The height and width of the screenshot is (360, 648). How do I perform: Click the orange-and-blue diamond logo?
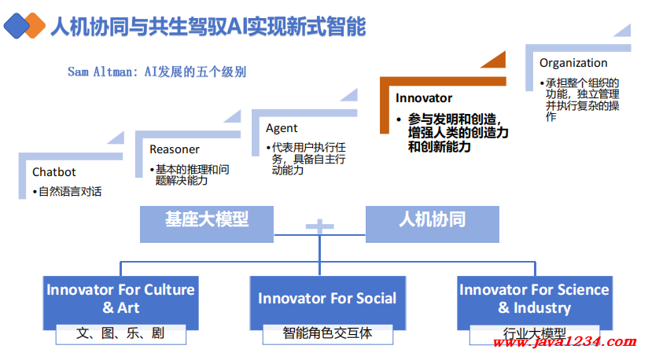pyautogui.click(x=24, y=26)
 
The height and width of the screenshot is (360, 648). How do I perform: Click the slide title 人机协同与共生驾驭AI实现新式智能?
pyautogui.click(x=208, y=27)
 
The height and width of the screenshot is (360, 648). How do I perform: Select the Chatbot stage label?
pyautogui.click(x=53, y=172)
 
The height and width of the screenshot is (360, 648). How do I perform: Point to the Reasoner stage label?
pyautogui.click(x=175, y=149)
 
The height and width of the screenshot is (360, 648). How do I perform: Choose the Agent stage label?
pyautogui.click(x=282, y=128)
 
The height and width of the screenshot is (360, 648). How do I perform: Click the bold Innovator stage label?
pyautogui.click(x=424, y=98)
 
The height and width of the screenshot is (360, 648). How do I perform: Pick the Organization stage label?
pyautogui.click(x=573, y=63)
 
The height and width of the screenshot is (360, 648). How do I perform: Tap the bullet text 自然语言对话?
pyautogui.click(x=70, y=191)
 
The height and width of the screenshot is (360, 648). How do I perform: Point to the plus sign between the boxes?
pyautogui.click(x=319, y=227)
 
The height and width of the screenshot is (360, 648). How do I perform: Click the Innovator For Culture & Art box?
pyautogui.click(x=120, y=298)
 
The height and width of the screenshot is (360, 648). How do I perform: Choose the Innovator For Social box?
pyautogui.click(x=327, y=298)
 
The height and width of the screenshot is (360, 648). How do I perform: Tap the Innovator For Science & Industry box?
pyautogui.click(x=534, y=298)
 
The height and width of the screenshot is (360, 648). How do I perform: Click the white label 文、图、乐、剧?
pyautogui.click(x=120, y=333)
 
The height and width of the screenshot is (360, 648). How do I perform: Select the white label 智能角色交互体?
pyautogui.click(x=327, y=333)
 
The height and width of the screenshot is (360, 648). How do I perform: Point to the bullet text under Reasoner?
pyautogui.click(x=192, y=174)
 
